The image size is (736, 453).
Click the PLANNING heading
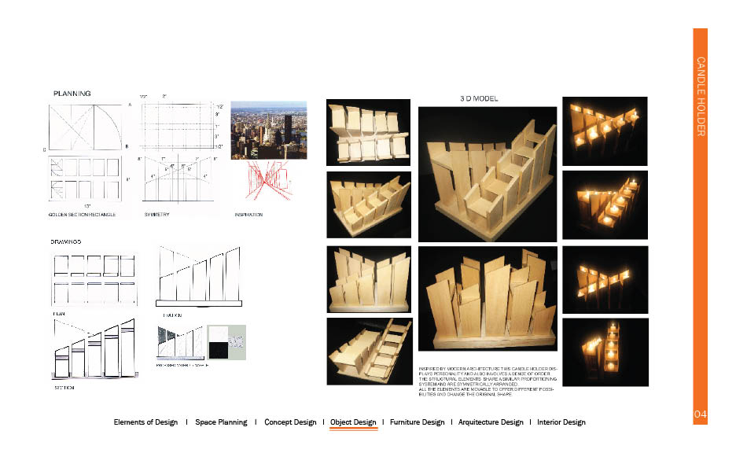[x=72, y=94]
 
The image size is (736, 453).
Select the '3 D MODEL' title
[x=477, y=99]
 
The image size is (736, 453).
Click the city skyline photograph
[x=269, y=130]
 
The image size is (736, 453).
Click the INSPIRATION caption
[x=248, y=214]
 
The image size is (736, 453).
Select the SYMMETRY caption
[x=157, y=214]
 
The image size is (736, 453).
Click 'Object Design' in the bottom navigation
[x=353, y=422]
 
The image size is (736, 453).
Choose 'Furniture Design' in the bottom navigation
[x=417, y=422]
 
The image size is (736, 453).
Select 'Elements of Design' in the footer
[x=145, y=422]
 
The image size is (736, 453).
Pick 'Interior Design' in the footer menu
[x=561, y=422]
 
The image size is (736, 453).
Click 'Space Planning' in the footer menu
[x=221, y=422]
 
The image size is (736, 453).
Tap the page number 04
[x=701, y=414]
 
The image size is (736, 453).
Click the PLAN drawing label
[x=58, y=313]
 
